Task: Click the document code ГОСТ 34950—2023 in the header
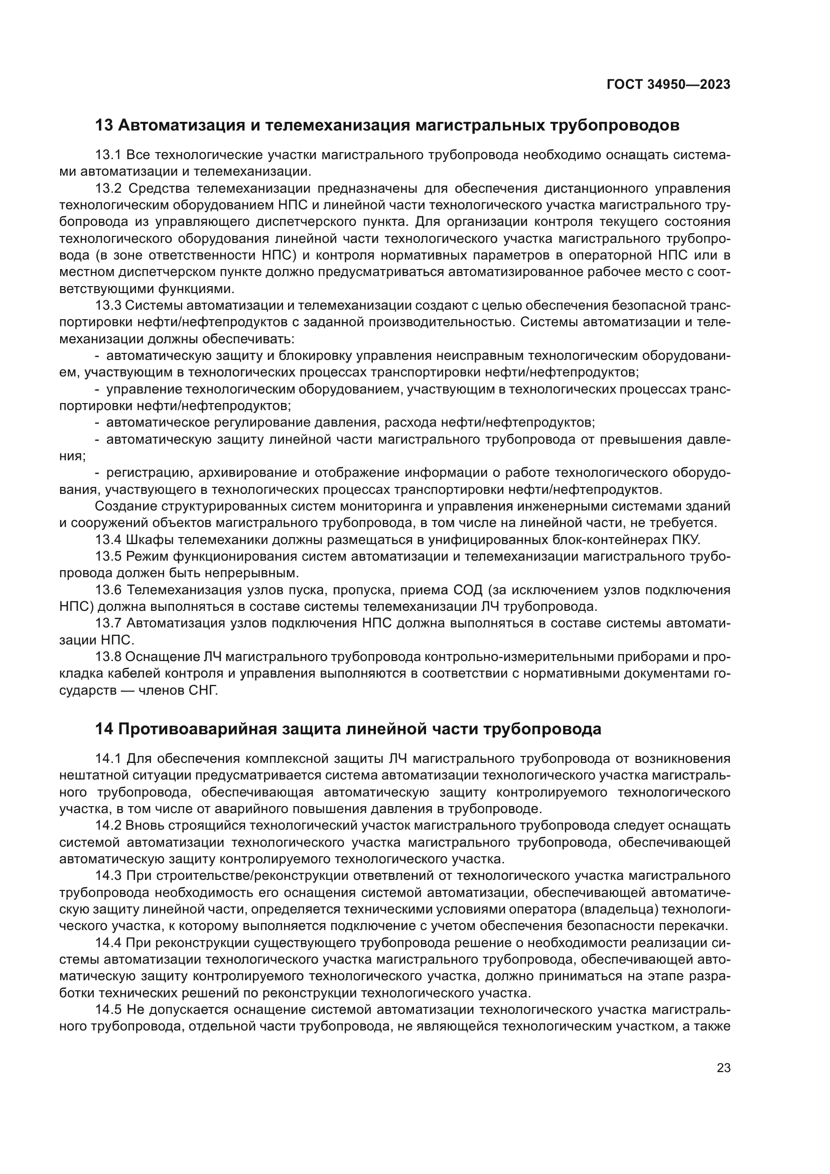tap(668, 85)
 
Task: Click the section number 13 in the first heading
tap(104, 125)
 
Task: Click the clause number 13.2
tap(108, 189)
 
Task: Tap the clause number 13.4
tap(108, 540)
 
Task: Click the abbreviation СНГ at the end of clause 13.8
tap(203, 691)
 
